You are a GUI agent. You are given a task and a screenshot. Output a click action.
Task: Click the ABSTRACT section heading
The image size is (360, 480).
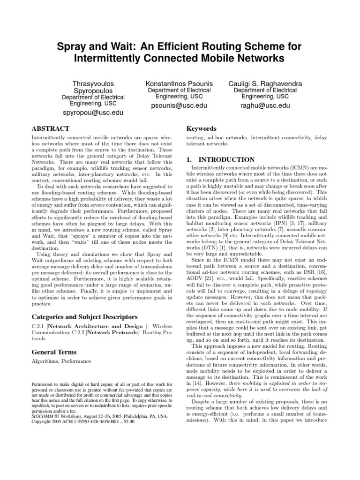pyautogui.click(x=50, y=128)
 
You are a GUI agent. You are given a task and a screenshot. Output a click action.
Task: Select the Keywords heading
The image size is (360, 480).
pyautogui.click(x=202, y=128)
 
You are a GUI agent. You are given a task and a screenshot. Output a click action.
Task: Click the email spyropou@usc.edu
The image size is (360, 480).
pyautogui.click(x=93, y=113)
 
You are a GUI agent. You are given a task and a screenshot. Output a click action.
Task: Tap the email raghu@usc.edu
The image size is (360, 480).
pyautogui.click(x=265, y=105)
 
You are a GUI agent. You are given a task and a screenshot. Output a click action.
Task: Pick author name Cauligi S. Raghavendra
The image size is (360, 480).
pyautogui.click(x=265, y=83)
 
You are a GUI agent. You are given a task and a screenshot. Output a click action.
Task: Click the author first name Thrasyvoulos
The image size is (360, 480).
pyautogui.click(x=93, y=83)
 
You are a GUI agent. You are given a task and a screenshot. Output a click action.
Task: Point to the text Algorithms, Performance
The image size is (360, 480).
pyautogui.click(x=61, y=362)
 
